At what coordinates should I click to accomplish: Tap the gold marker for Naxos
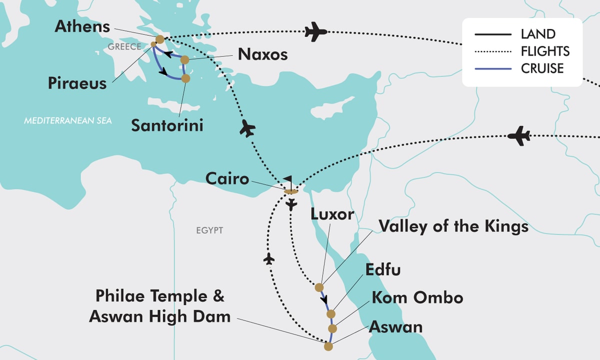[x=184, y=60]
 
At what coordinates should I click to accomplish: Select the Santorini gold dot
[x=185, y=78]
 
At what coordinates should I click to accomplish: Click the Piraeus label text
[x=77, y=83]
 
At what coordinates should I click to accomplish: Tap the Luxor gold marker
[x=319, y=287]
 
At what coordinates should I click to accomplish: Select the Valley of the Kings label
[x=453, y=226]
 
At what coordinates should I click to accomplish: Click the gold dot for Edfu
[x=330, y=314]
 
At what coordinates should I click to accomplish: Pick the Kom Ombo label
[x=416, y=298]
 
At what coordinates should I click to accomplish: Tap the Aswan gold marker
[x=328, y=346]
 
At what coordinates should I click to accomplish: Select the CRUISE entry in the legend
[x=542, y=68]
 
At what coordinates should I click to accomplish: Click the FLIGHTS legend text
[x=545, y=51]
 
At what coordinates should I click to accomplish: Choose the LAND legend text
[x=538, y=34]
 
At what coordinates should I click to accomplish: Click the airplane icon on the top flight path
[x=315, y=31]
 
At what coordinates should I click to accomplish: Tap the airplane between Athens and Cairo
[x=247, y=128]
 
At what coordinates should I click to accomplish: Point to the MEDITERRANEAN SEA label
[x=68, y=121]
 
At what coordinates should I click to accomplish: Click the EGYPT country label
[x=209, y=230]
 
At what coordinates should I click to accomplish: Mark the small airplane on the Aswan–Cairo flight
[x=269, y=258]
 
